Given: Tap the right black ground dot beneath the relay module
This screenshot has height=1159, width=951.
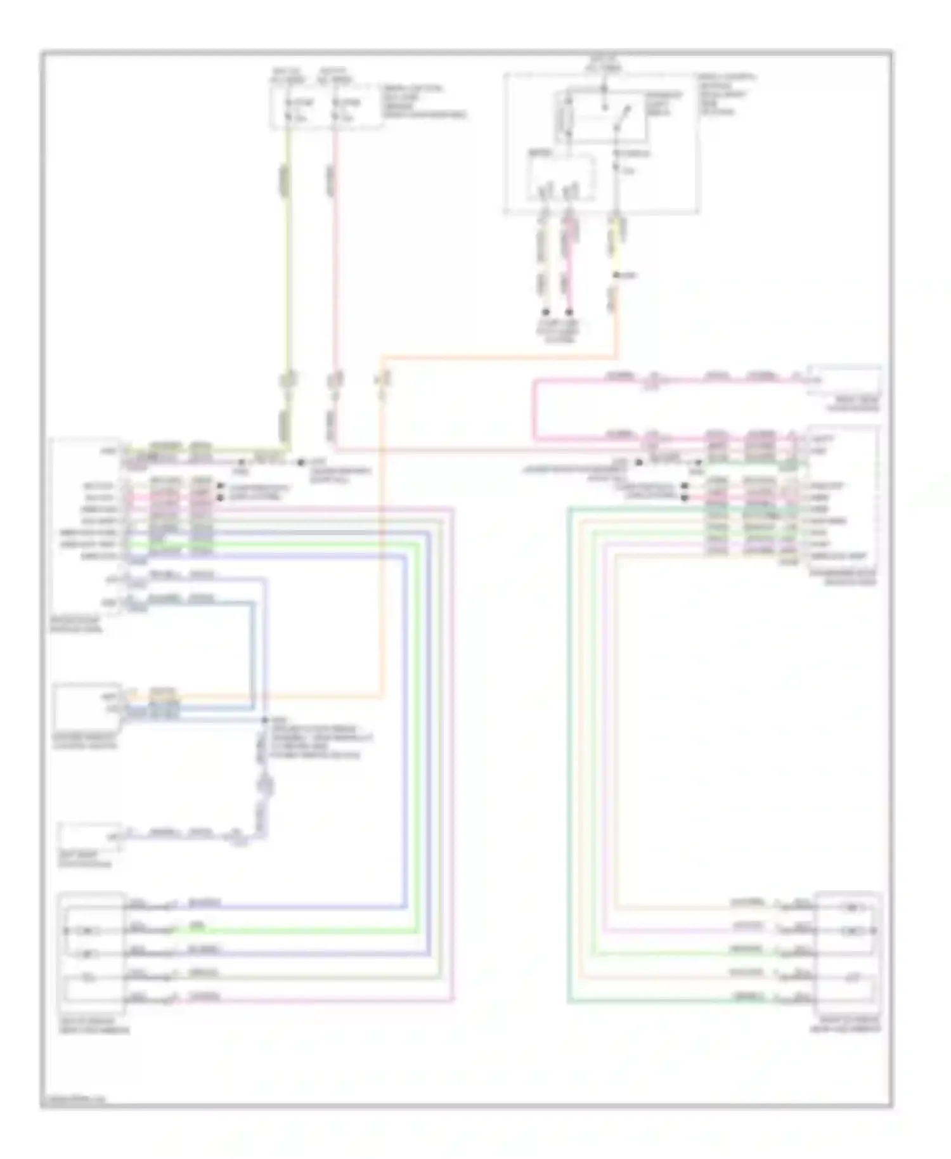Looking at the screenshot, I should tap(569, 312).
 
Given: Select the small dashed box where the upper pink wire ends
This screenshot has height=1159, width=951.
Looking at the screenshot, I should tap(843, 380).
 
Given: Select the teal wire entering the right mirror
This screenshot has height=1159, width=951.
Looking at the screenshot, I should tap(666, 1002).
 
